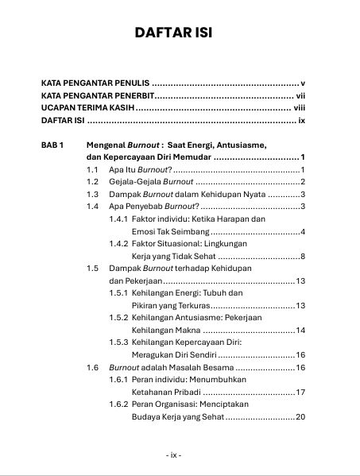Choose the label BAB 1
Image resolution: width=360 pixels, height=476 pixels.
[x=53, y=146]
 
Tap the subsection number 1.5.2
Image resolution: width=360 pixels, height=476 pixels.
[x=118, y=317]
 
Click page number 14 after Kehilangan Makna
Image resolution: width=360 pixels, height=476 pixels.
[x=301, y=330]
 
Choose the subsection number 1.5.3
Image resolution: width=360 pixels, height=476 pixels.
[x=118, y=342]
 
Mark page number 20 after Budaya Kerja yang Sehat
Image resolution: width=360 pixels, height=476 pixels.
[x=300, y=416]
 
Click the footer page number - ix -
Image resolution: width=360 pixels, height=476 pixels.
[x=174, y=455]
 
